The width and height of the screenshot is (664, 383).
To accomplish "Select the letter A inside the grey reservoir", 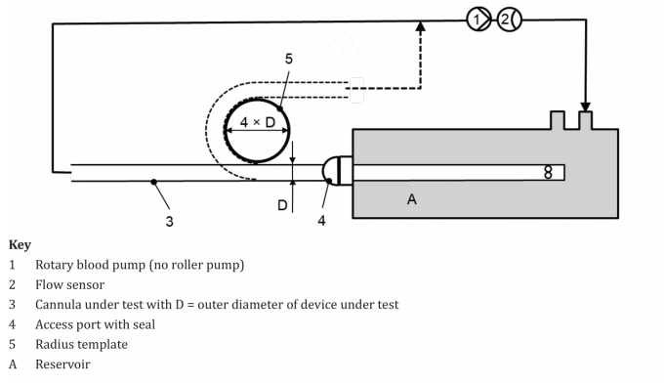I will (411, 198).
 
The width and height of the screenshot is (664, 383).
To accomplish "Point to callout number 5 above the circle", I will (288, 60).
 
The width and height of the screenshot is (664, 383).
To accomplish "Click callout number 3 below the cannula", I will (169, 222).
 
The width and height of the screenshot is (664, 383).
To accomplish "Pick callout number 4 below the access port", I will (321, 222).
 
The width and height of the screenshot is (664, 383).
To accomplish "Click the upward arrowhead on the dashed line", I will (421, 28).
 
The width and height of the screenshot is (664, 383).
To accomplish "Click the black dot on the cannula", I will (153, 182).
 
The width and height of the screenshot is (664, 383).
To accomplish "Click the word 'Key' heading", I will (20, 245).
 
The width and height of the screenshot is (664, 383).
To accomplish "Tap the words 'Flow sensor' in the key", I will (70, 284).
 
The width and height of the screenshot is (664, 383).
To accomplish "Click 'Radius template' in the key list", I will (80, 344).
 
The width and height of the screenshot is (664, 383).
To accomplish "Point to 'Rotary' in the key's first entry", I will (55, 265).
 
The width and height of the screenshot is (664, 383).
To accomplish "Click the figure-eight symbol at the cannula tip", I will (548, 172).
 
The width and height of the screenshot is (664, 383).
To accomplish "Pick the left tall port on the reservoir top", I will (558, 120).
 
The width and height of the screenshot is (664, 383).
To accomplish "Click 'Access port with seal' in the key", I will (95, 324).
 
